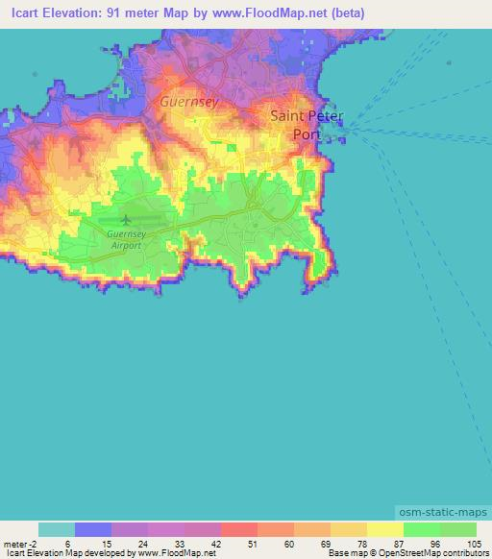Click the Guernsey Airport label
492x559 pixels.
click(x=124, y=239)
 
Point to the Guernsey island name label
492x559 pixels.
click(x=189, y=101)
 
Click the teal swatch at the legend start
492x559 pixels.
click(x=57, y=529)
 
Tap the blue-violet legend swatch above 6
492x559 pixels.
click(x=93, y=529)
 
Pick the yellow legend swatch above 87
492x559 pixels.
click(x=385, y=529)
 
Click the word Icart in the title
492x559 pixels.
click(x=21, y=13)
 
